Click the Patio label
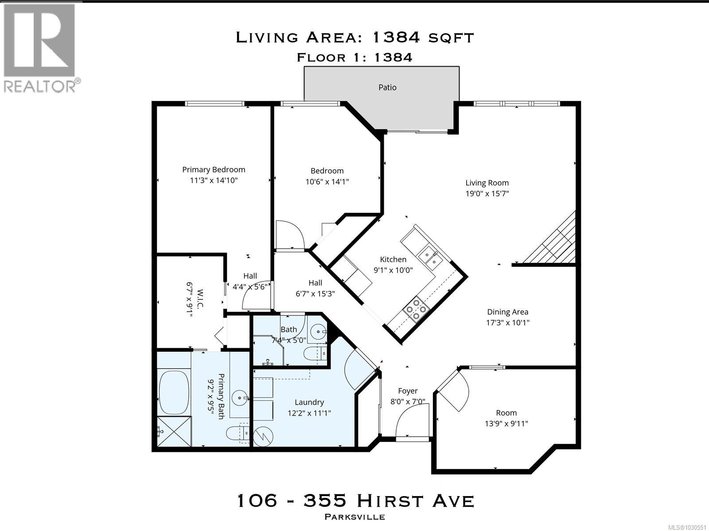(387, 88)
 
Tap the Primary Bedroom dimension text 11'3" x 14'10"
(214, 181)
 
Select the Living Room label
(487, 183)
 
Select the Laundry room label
(309, 402)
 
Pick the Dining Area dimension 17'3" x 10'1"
(508, 323)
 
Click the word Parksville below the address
(355, 517)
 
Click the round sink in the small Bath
(317, 331)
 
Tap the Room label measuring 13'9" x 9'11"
(506, 413)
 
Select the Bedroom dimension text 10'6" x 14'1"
(327, 181)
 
